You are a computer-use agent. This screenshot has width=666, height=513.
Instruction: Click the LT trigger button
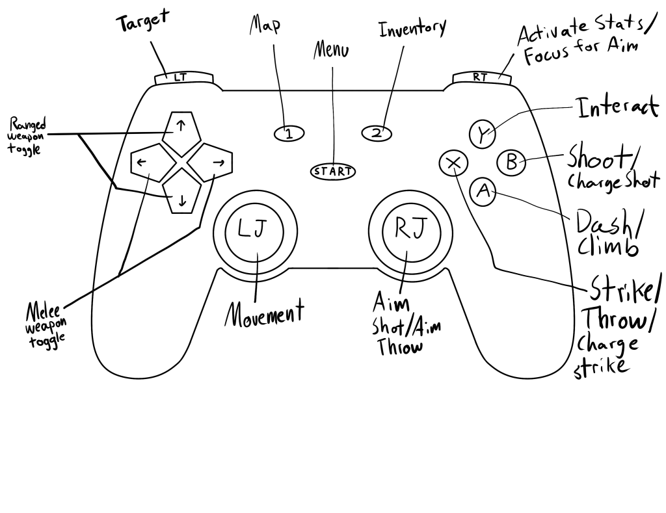(x=181, y=77)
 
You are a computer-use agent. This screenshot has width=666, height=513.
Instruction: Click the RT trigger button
(x=480, y=77)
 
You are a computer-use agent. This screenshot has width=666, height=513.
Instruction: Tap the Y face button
(x=481, y=135)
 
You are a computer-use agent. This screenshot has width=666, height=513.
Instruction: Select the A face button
(x=483, y=191)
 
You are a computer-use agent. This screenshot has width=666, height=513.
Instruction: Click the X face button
(x=453, y=163)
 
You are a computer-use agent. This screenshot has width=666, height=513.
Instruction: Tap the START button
(x=333, y=172)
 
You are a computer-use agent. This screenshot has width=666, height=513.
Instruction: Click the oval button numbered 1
(x=289, y=134)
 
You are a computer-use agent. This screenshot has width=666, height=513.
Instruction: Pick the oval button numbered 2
(x=376, y=133)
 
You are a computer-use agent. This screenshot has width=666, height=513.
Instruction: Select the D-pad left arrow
(x=145, y=163)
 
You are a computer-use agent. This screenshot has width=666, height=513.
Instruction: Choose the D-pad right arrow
(x=217, y=163)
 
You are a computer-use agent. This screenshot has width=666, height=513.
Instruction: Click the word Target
(x=142, y=21)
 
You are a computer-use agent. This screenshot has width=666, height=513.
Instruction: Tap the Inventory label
(x=412, y=29)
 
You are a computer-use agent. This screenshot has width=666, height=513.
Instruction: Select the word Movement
(x=264, y=314)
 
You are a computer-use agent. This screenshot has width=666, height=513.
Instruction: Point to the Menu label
(x=332, y=51)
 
